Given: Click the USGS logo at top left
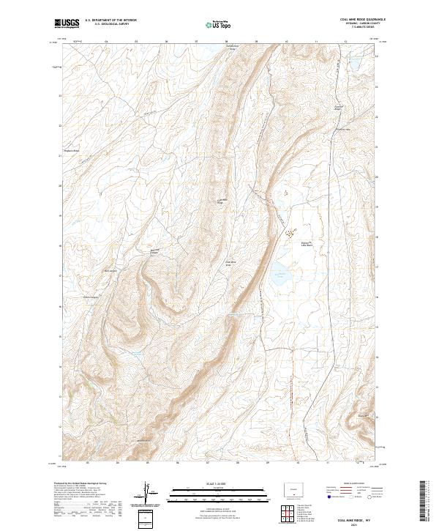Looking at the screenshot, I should click(x=67, y=23).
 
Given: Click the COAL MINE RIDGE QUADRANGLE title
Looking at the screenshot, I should click(x=361, y=19).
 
